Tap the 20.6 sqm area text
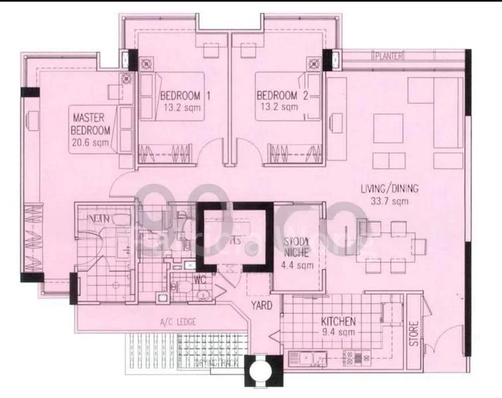(91, 142)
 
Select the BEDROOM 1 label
(185, 96)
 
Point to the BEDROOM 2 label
(282, 96)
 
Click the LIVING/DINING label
(390, 188)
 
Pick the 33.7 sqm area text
(390, 200)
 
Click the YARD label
(259, 306)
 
